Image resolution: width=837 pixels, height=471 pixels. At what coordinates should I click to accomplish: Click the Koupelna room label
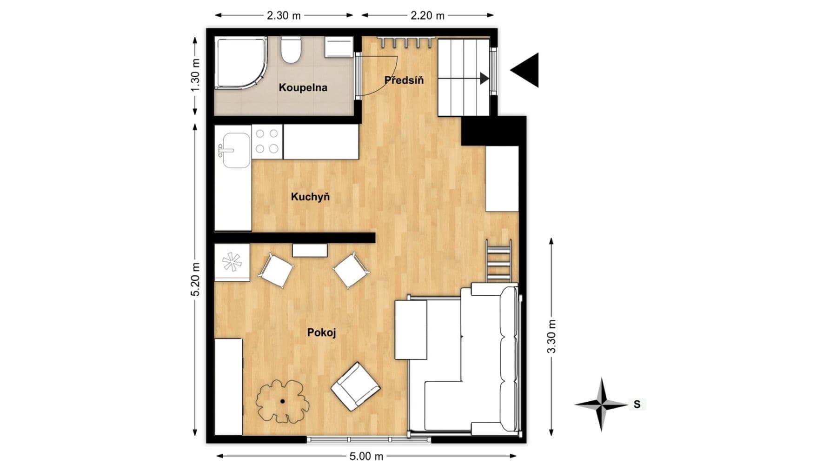(303, 87)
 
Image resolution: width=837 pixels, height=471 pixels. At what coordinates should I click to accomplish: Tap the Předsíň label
(404, 80)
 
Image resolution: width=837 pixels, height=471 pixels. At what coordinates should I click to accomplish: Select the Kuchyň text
(310, 197)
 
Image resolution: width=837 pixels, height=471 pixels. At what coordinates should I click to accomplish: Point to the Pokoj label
(321, 332)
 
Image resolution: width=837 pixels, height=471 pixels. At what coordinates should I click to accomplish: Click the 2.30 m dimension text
(284, 15)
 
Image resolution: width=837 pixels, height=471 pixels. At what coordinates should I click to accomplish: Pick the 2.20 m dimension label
(427, 15)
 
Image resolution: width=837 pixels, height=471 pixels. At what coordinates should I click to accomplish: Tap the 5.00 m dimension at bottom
(366, 457)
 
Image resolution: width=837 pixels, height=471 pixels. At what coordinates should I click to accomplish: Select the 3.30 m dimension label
(551, 336)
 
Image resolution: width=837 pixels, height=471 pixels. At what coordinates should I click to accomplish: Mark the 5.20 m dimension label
(195, 279)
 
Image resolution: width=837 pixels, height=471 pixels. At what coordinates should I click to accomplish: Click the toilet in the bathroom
(292, 49)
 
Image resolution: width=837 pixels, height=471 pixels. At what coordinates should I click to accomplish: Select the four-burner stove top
(267, 141)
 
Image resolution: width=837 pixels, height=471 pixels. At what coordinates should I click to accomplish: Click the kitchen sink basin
(236, 150)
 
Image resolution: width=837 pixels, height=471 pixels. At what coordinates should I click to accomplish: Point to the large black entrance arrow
(527, 70)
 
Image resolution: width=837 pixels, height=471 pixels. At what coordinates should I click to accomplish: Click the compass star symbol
(602, 404)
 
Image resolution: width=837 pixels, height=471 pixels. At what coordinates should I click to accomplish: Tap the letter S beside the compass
(637, 405)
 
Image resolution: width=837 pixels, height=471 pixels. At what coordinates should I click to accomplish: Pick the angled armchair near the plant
(356, 386)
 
